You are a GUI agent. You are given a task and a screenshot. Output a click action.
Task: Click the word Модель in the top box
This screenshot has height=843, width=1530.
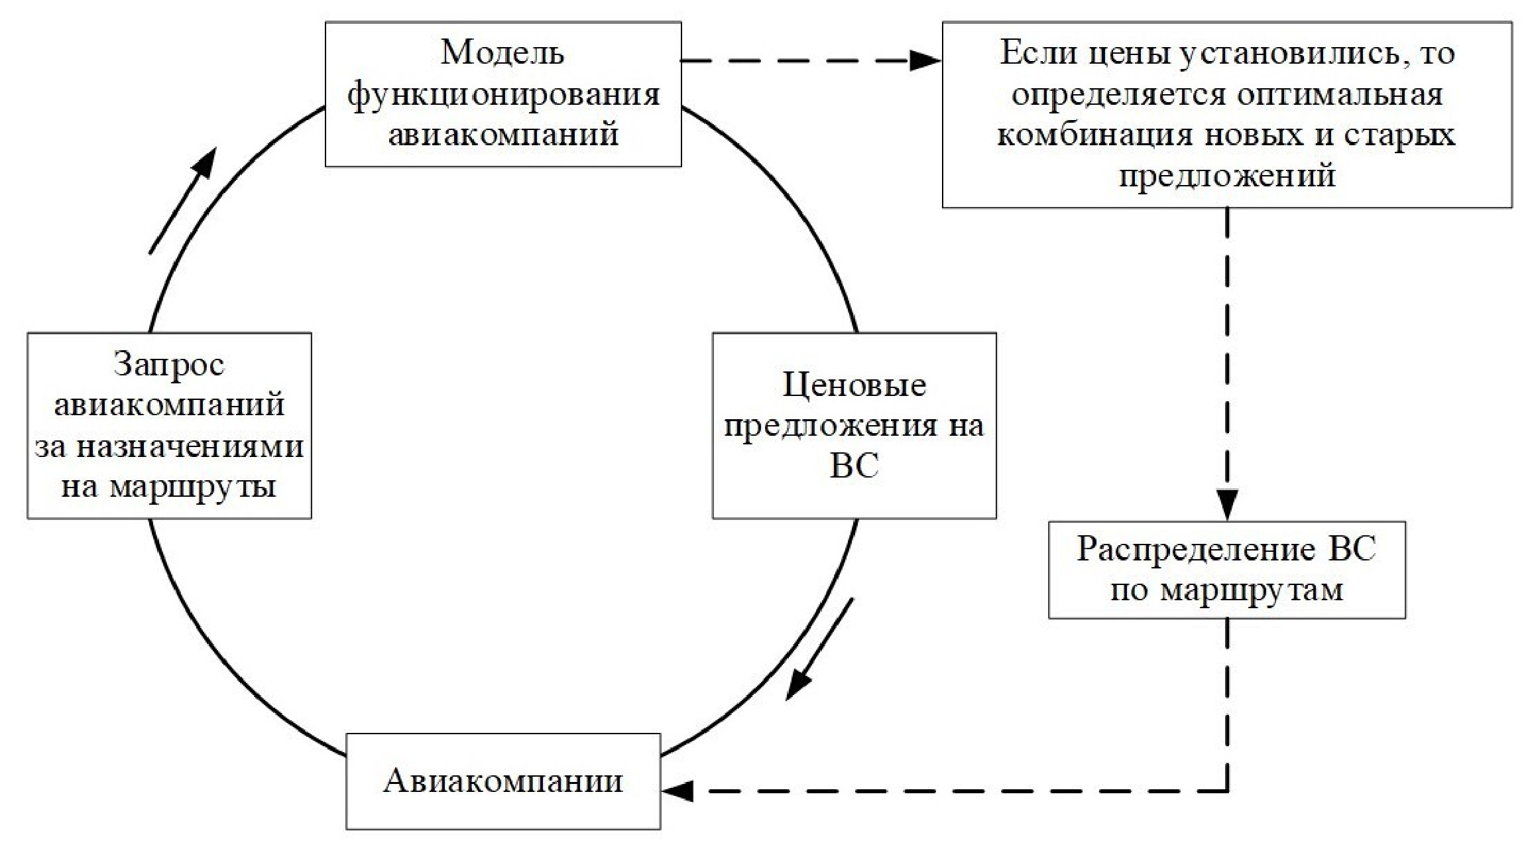[502, 52]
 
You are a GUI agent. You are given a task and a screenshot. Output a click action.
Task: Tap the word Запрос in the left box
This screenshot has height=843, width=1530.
[169, 365]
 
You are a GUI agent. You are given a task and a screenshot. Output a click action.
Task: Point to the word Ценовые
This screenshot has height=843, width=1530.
[854, 385]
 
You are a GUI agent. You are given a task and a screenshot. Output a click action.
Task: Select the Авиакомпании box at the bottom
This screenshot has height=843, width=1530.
[503, 781]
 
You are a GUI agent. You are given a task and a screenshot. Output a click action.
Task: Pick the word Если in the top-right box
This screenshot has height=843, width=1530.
[1039, 52]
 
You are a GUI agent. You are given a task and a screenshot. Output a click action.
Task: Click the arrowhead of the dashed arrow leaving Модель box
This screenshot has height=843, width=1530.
[925, 61]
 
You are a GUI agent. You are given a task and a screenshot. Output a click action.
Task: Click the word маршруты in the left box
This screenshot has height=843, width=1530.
[192, 487]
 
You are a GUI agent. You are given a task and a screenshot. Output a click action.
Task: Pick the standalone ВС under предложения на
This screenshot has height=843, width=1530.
[854, 466]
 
